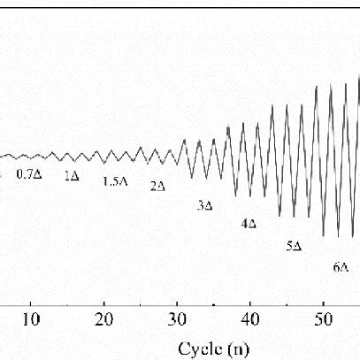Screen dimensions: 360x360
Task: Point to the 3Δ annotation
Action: pos(204,205)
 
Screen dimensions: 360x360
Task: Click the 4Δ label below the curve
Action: pos(249,224)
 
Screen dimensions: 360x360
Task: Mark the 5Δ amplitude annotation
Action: pos(295,246)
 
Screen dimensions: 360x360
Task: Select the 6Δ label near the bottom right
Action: pos(341,266)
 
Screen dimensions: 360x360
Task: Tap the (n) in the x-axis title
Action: pos(240,348)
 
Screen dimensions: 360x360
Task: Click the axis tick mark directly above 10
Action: pos(31,301)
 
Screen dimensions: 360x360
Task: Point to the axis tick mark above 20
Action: pos(104,301)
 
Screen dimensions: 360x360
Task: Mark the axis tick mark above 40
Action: pos(251,301)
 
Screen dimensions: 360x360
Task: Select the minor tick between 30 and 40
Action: pos(215,303)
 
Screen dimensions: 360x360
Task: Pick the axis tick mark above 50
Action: pos(325,301)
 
